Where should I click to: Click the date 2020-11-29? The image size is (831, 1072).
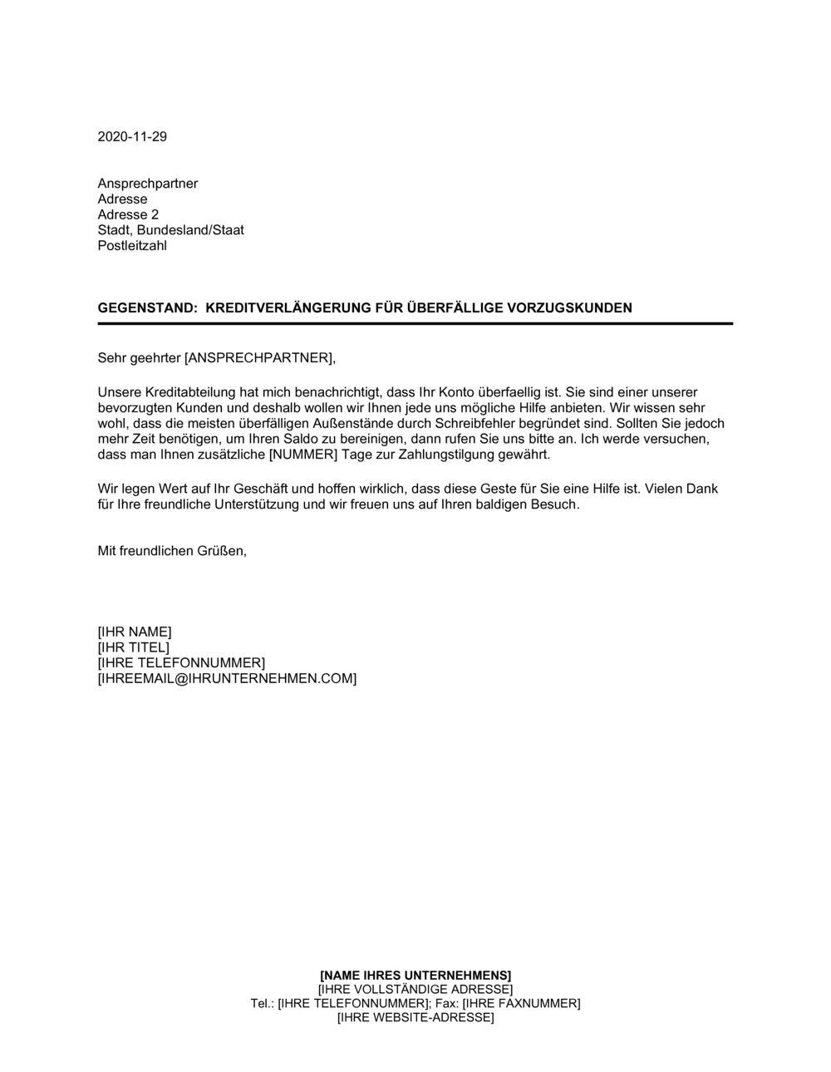tap(132, 137)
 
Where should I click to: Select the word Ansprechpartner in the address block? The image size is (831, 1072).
tap(148, 184)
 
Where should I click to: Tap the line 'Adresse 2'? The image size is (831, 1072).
tap(128, 215)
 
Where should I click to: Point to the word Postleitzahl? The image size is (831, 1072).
tap(132, 247)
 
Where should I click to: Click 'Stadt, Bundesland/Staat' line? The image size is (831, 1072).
tap(170, 231)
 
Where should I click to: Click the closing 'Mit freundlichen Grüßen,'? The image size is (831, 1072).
tap(172, 551)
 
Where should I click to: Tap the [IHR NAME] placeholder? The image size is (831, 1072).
tap(135, 632)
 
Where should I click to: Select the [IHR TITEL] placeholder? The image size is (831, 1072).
tap(133, 648)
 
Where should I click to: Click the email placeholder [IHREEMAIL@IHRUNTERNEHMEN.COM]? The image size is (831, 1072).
tap(227, 680)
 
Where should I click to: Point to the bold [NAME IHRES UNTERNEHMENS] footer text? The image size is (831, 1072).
tap(415, 976)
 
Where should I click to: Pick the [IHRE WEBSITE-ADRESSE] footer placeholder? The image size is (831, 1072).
tap(415, 1018)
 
